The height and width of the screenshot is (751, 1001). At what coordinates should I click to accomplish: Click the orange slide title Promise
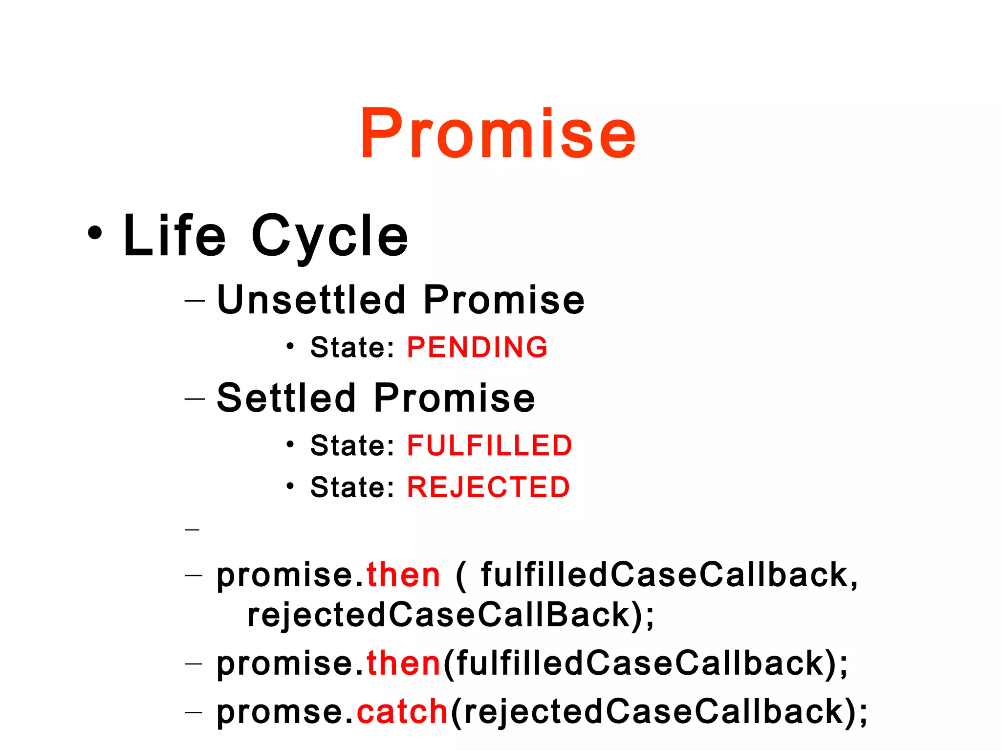click(498, 133)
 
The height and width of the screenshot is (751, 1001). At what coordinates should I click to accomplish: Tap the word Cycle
click(329, 237)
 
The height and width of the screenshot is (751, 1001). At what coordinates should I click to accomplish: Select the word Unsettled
click(311, 300)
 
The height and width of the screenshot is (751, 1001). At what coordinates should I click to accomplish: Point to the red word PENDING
click(477, 347)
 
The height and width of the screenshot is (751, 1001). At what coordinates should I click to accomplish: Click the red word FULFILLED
click(489, 445)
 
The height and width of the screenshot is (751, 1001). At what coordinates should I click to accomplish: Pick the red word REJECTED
click(488, 487)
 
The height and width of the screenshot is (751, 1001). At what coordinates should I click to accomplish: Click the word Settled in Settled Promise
click(286, 398)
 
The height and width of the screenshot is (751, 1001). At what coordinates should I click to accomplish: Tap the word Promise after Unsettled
click(504, 300)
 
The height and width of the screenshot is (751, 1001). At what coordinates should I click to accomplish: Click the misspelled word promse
click(281, 712)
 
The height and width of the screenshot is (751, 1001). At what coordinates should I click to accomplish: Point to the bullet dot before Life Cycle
click(95, 233)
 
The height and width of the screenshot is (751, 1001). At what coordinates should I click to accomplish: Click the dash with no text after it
click(193, 530)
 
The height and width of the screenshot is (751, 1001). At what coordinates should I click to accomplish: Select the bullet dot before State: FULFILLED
click(290, 444)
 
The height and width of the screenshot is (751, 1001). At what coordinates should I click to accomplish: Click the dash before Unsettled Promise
click(194, 301)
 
